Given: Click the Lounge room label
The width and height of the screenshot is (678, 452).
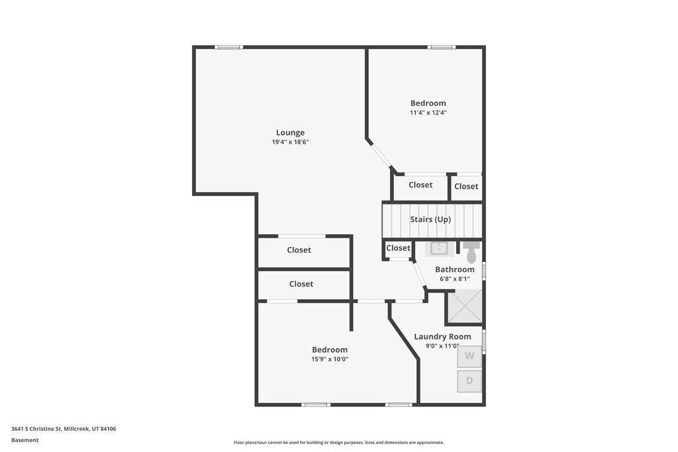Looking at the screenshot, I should pyautogui.click(x=290, y=132).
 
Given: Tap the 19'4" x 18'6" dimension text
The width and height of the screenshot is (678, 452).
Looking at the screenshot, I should pyautogui.click(x=290, y=142).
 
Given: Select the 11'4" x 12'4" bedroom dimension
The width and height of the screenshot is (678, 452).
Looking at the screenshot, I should pyautogui.click(x=428, y=113).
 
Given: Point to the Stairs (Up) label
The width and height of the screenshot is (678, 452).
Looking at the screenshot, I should pyautogui.click(x=430, y=219).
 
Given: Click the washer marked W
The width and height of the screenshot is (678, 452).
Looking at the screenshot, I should pyautogui.click(x=469, y=356).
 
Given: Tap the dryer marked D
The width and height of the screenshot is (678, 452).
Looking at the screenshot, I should pyautogui.click(x=469, y=381).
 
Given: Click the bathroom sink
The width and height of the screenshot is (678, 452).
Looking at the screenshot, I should pyautogui.click(x=440, y=248).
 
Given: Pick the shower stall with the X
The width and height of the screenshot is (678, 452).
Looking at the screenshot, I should pyautogui.click(x=465, y=306).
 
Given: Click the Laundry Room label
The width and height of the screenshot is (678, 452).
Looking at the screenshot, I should pyautogui.click(x=442, y=336).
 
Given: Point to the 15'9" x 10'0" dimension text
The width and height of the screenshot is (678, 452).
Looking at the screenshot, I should pyautogui.click(x=330, y=359).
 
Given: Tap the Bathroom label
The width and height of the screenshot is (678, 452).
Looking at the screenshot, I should pyautogui.click(x=454, y=269).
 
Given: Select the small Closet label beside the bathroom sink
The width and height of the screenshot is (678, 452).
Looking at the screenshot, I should pyautogui.click(x=398, y=248).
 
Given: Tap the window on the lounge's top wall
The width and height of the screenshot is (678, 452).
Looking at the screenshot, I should pyautogui.click(x=229, y=47).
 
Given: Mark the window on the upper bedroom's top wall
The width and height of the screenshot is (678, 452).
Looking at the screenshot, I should pyautogui.click(x=441, y=47).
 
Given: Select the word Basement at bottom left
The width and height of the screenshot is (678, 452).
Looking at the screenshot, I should pyautogui.click(x=25, y=440).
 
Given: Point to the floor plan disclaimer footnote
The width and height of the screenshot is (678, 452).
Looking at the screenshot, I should pyautogui.click(x=338, y=443).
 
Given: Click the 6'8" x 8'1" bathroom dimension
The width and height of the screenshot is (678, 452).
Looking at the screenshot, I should pyautogui.click(x=454, y=279).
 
